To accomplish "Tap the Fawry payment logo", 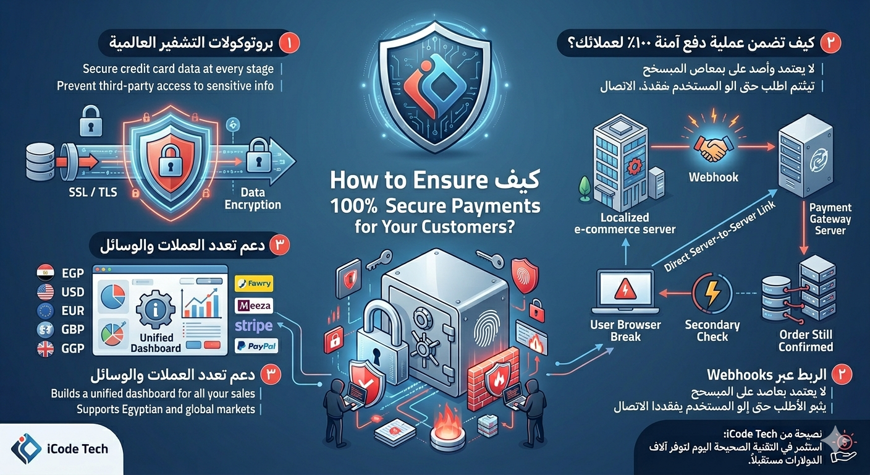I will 254,285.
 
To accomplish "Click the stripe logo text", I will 254,325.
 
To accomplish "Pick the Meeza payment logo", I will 254,306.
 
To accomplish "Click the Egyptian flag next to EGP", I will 45,272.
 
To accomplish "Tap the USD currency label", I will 73,291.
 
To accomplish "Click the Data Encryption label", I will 252,199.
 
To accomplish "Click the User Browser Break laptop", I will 625,291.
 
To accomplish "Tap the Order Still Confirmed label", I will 805,340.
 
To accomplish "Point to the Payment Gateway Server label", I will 830,219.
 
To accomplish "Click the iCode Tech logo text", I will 77,448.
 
